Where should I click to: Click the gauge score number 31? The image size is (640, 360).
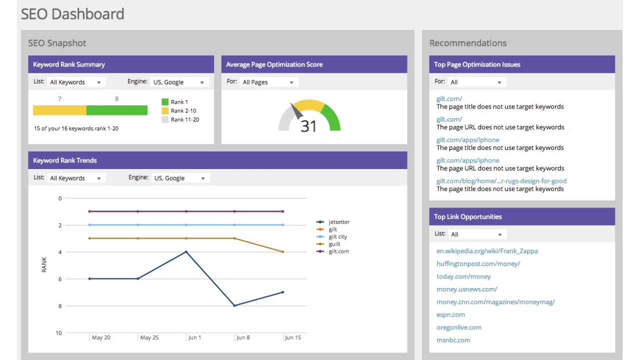pyautogui.click(x=308, y=126)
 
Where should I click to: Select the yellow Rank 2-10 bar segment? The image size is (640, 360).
pyautogui.click(x=59, y=110)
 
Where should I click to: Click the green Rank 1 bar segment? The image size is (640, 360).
pyautogui.click(x=117, y=110)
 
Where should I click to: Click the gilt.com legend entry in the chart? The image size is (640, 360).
pyautogui.click(x=338, y=251)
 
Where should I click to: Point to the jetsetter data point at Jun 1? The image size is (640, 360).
pyautogui.click(x=186, y=252)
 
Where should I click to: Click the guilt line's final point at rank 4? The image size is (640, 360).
pyautogui.click(x=283, y=252)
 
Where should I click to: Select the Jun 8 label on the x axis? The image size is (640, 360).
pyautogui.click(x=243, y=337)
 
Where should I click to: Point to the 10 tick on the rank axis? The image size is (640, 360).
pyautogui.click(x=58, y=333)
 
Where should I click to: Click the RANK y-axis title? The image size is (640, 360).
pyautogui.click(x=44, y=264)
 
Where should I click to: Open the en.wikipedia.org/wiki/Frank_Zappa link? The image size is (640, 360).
pyautogui.click(x=487, y=251)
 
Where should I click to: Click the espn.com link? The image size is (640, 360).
pyautogui.click(x=450, y=314)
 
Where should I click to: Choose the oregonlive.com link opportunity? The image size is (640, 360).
pyautogui.click(x=458, y=327)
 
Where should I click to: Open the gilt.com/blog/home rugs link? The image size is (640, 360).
pyautogui.click(x=501, y=181)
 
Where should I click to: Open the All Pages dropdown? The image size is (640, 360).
pyautogui.click(x=268, y=82)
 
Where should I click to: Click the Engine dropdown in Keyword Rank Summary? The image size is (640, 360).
pyautogui.click(x=179, y=82)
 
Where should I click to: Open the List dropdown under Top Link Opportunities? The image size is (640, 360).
pyautogui.click(x=476, y=234)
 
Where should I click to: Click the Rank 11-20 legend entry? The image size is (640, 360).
pyautogui.click(x=184, y=119)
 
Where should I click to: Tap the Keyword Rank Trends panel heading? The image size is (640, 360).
pyautogui.click(x=65, y=160)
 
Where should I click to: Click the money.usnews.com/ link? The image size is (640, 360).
pyautogui.click(x=466, y=289)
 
